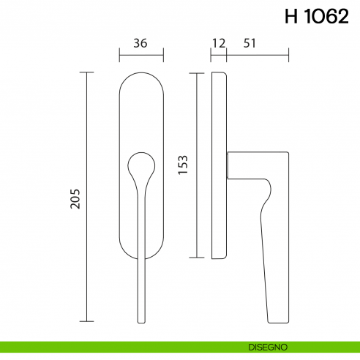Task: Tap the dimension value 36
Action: point(141,43)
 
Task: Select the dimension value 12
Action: point(218,43)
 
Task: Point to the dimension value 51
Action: point(250,43)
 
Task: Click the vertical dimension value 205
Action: point(75,198)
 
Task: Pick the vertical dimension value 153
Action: point(184,165)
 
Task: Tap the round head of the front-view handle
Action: point(141,166)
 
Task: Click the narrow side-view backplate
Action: point(219,165)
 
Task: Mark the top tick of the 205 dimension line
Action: point(87,72)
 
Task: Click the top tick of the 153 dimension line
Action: point(195,72)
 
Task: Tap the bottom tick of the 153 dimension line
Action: point(195,258)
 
